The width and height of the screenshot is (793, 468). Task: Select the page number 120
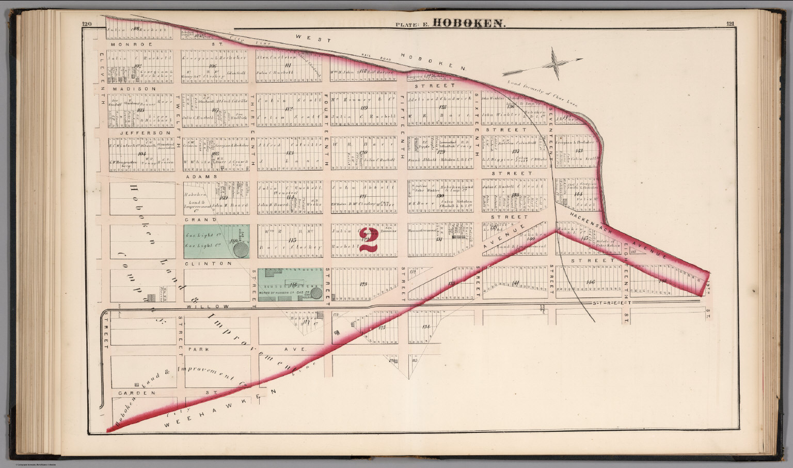tap(86, 24)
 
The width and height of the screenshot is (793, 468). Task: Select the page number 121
tap(730, 24)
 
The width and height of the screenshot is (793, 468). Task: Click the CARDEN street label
tap(136, 393)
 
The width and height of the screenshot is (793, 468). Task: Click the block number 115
tap(293, 240)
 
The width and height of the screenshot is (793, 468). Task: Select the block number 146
tap(591, 282)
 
